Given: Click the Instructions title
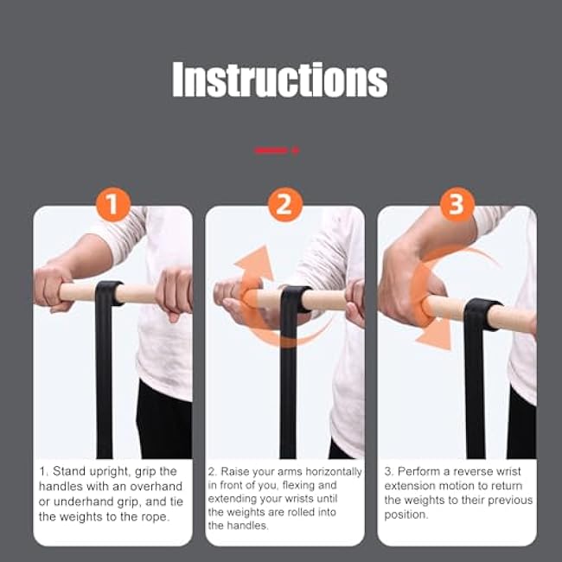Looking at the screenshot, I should pos(279,80).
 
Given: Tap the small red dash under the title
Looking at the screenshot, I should pos(276,150).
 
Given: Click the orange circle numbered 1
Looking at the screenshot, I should pos(112,205).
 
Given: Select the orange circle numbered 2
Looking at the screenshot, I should pos(284,205).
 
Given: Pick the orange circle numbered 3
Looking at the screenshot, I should pos(457,205).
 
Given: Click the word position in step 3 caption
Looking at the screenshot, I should pos(406,514).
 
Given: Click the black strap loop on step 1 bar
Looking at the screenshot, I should pos(108,294).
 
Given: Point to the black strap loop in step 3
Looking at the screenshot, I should pos(480,315).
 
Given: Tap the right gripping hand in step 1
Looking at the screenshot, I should pos(176,292).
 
